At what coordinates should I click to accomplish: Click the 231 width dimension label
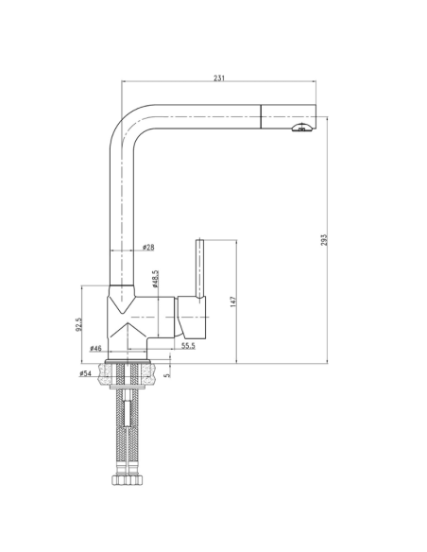219,79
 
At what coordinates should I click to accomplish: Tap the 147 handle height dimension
232,302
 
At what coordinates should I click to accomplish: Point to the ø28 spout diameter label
148,248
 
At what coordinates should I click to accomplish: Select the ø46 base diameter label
95,349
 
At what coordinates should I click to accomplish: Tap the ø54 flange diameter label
86,374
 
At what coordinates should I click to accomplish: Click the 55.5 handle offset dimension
188,347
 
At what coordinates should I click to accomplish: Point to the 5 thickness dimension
168,374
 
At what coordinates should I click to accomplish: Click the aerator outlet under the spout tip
301,129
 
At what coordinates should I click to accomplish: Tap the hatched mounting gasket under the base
129,372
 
